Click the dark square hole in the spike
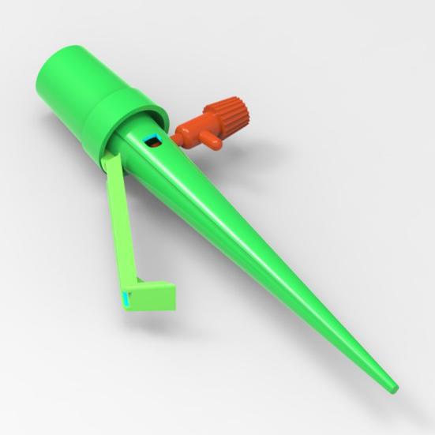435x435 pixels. tap(152, 142)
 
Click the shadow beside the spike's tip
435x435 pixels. tap(379, 392)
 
